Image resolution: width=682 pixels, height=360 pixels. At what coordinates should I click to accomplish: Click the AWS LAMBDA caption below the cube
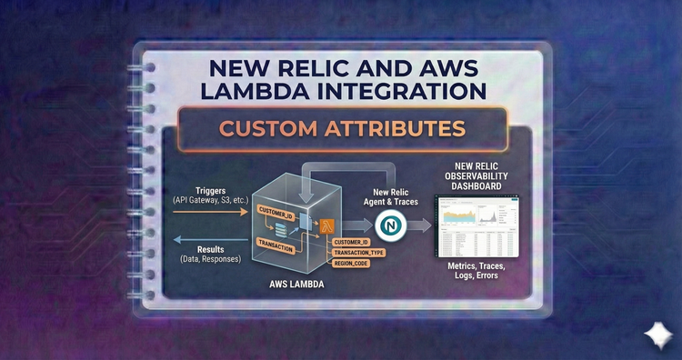click(296, 284)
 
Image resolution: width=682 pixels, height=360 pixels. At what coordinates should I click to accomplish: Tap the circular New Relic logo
click(391, 224)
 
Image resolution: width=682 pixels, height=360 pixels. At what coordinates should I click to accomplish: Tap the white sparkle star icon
click(655, 335)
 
